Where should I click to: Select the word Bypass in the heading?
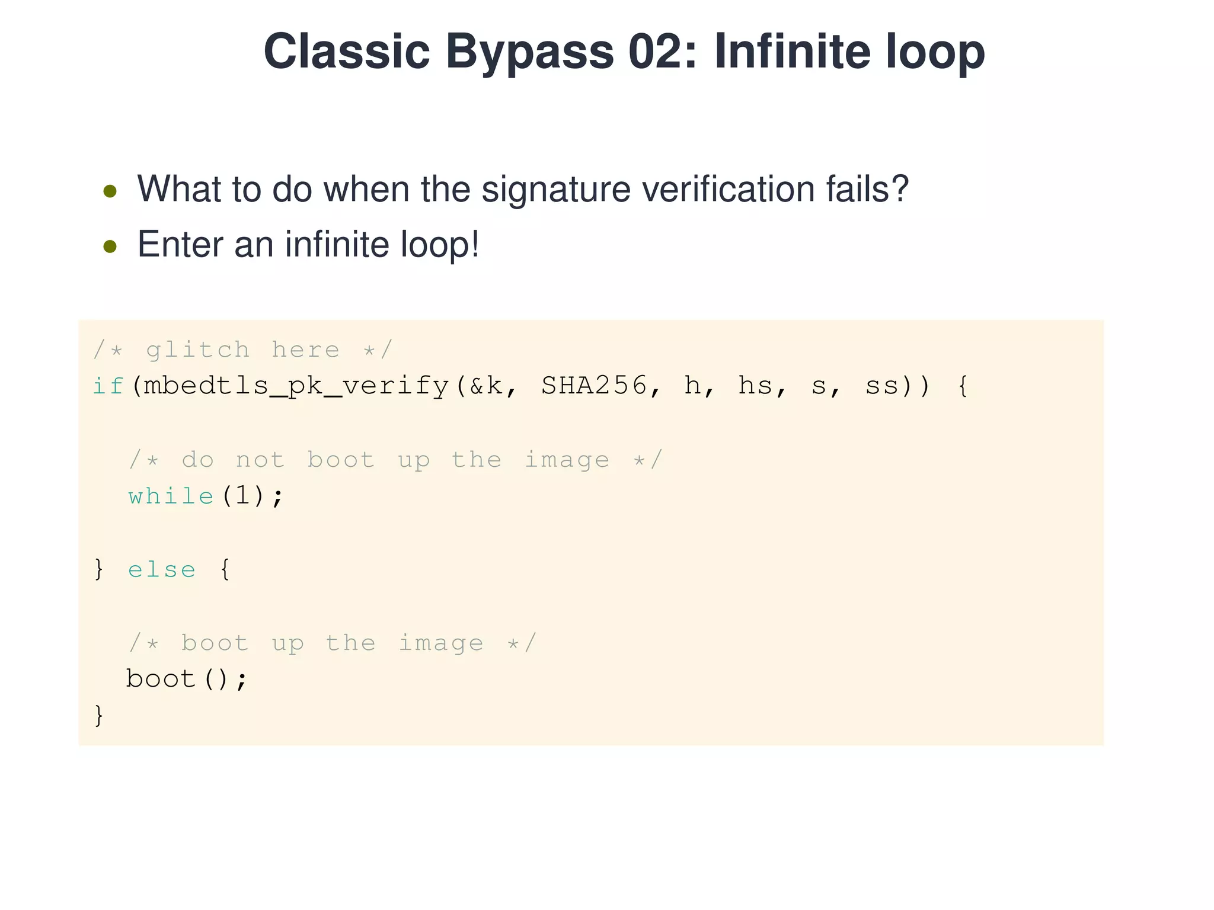point(529,52)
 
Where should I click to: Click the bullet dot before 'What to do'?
point(110,191)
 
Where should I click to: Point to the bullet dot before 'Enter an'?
point(110,246)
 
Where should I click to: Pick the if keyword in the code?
point(108,386)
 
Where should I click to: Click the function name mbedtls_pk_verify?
point(296,386)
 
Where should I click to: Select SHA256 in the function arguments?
point(594,386)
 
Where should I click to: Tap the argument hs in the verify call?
point(755,386)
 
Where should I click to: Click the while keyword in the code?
point(171,496)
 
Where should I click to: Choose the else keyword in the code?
point(162,569)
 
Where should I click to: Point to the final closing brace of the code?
point(99,715)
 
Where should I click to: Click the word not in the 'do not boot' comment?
point(260,460)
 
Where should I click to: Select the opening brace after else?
point(225,569)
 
